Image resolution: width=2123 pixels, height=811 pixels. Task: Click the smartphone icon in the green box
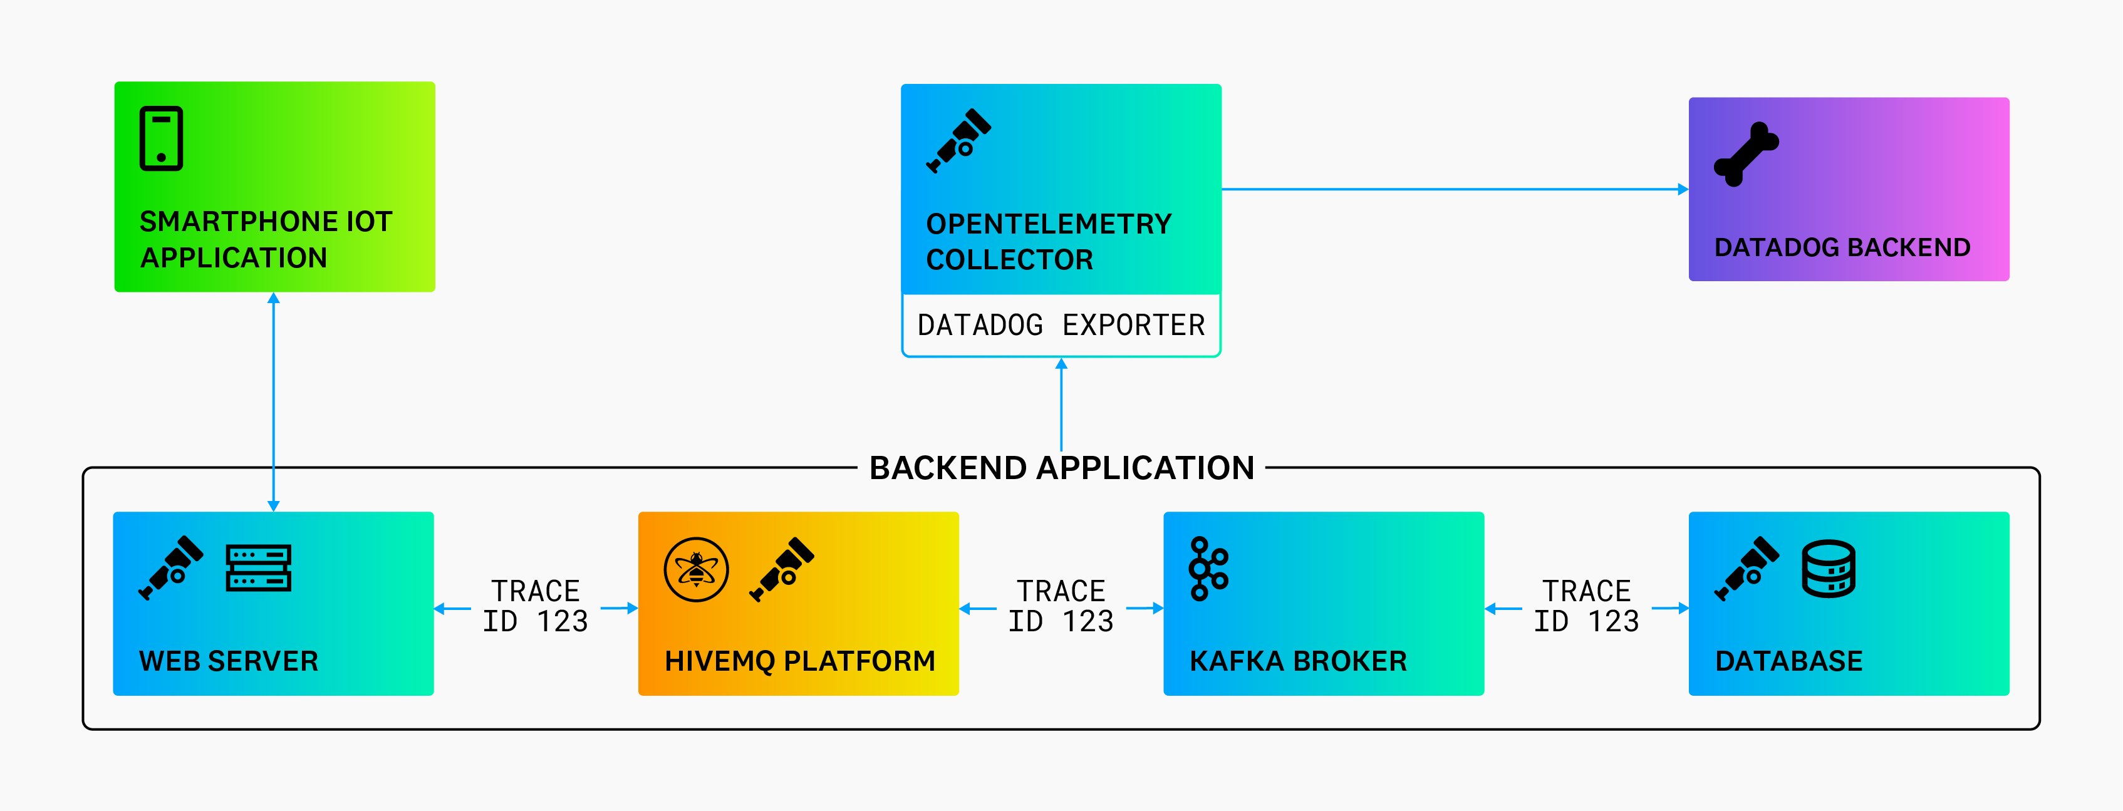point(162,138)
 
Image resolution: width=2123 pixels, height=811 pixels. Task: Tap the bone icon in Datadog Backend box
point(1745,154)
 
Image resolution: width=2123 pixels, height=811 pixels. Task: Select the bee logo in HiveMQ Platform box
point(697,569)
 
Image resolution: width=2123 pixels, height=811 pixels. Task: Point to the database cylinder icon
point(1828,569)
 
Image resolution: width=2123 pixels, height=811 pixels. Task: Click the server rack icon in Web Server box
point(258,568)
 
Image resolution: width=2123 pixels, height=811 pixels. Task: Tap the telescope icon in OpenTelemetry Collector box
point(958,141)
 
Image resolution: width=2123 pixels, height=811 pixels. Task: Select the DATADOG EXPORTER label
point(1061,326)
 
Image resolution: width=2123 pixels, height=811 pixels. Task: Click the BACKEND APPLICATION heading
point(1061,468)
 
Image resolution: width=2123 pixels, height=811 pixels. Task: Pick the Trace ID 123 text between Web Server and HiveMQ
point(536,606)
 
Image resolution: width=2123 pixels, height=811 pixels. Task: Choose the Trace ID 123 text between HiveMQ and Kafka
point(1061,606)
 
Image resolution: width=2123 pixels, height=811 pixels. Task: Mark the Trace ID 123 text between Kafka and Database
point(1587,606)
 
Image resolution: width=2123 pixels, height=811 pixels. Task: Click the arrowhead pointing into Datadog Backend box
point(1683,190)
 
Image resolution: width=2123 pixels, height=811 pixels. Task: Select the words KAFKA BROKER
point(1298,661)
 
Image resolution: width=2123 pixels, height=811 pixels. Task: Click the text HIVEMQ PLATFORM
point(799,661)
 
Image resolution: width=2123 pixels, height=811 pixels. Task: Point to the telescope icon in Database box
point(1747,569)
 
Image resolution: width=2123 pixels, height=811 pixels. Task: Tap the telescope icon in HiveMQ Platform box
point(781,569)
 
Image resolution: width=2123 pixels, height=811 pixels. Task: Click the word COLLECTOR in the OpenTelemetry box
point(1010,261)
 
